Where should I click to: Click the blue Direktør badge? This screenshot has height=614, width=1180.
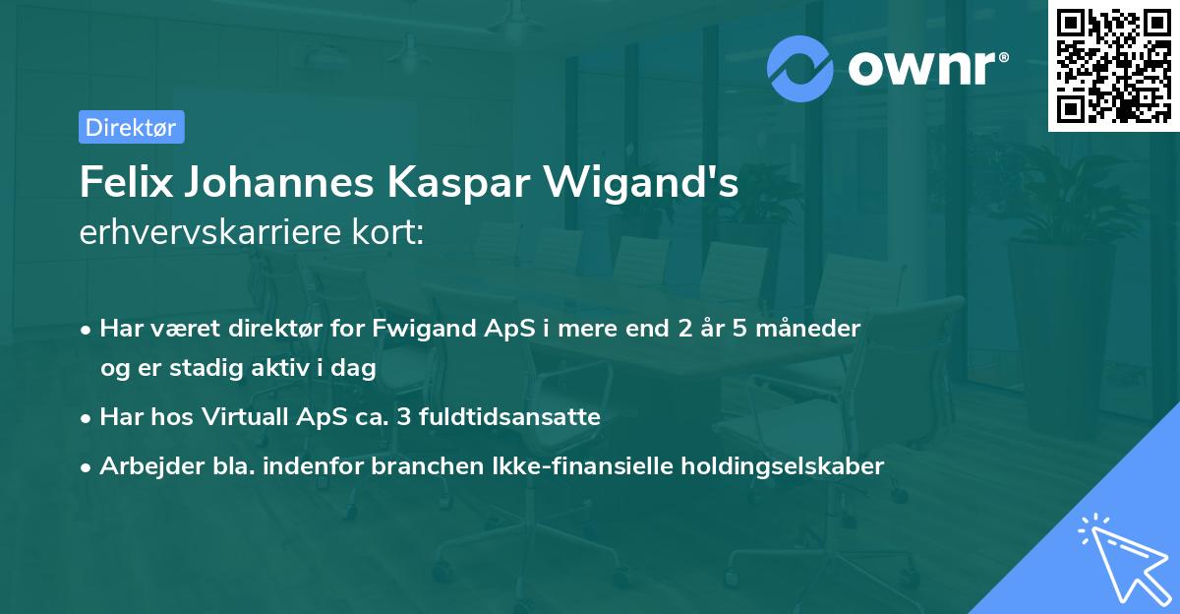(131, 127)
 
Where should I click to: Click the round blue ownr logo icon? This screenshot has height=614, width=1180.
(800, 68)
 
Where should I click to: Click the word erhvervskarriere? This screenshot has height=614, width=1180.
(202, 233)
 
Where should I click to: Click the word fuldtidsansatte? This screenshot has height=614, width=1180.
(509, 417)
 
